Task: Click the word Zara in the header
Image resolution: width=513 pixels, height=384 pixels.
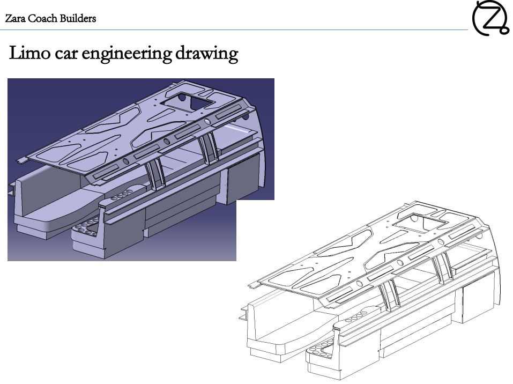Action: pos(15,18)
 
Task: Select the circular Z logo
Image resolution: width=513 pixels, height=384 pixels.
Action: pos(490,18)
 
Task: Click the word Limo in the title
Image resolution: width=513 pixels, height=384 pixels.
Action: pos(29,53)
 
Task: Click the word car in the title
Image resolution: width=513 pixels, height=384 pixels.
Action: pos(66,55)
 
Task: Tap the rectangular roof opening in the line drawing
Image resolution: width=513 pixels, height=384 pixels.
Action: pos(420,223)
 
